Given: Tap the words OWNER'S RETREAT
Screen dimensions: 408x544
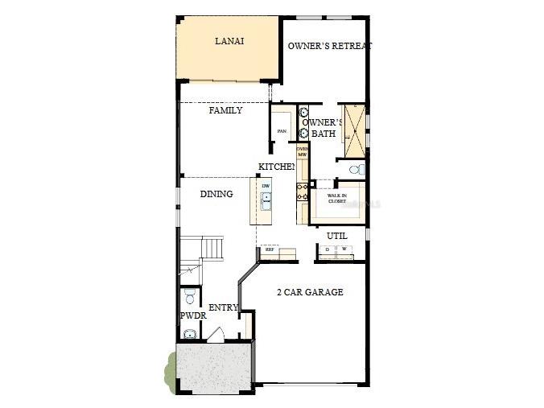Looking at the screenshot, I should point(330,46).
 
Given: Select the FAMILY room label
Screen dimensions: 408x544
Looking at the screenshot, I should point(225,110).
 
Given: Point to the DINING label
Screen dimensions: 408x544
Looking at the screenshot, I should point(216,194).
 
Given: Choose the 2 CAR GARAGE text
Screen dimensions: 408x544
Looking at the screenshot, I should point(310,292).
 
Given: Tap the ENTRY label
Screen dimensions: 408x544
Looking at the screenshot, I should point(223,308).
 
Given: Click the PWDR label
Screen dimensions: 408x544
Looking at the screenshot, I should point(193,316).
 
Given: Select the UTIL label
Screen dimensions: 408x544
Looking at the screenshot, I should point(337,236).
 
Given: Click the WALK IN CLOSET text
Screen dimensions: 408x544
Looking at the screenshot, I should point(336,198).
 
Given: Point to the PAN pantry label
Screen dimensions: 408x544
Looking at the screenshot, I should point(282,131).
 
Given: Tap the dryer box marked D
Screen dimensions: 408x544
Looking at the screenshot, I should point(327,250).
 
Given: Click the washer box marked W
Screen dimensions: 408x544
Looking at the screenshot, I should point(344,250).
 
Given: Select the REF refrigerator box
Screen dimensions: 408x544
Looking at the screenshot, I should point(270,250).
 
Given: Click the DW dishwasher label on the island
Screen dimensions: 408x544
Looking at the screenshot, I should point(266,187).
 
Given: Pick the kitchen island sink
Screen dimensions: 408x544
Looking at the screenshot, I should point(266,198).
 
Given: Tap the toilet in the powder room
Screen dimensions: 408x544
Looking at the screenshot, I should point(190,298).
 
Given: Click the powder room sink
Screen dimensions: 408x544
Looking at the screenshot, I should point(190,334).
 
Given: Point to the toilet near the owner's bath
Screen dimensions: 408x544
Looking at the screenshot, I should point(356,169).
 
